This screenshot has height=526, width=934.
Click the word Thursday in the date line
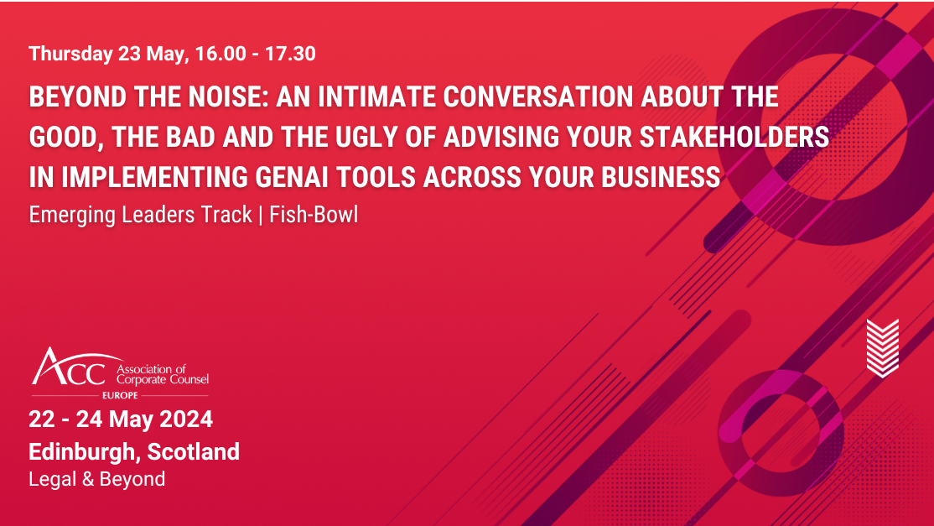click(70, 55)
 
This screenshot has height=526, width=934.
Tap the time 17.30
click(289, 55)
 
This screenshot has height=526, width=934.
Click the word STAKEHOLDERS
click(737, 138)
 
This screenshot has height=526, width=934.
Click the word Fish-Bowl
click(314, 215)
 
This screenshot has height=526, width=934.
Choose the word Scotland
click(194, 451)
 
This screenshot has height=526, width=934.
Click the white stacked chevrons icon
click(882, 347)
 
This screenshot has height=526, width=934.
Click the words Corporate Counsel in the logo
click(163, 380)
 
